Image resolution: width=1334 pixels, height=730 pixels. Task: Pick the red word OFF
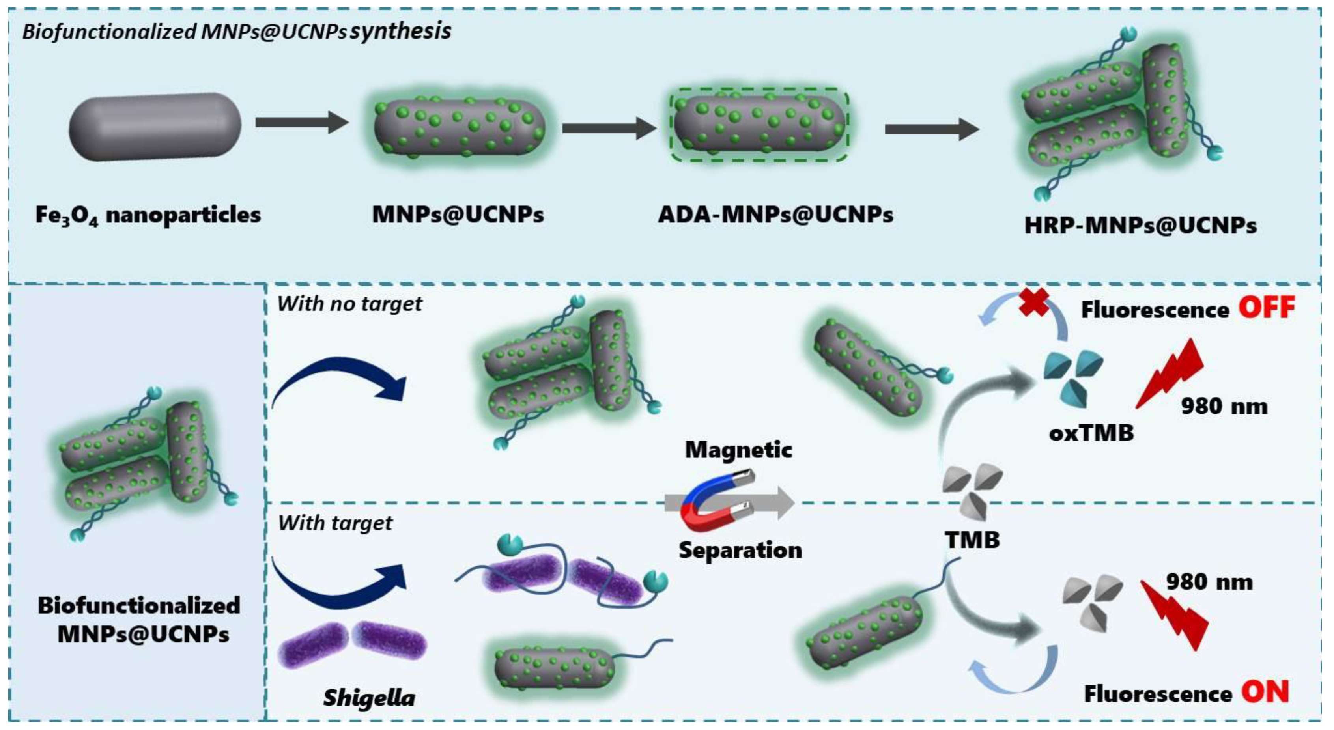[x=1266, y=308]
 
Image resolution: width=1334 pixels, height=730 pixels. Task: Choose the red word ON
[x=1265, y=692]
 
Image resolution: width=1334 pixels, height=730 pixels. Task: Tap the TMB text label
[x=972, y=540]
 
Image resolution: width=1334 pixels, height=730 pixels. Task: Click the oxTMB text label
[x=1091, y=432]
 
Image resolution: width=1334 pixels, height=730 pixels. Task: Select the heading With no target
[x=349, y=304]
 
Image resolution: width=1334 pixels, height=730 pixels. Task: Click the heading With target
[x=335, y=523]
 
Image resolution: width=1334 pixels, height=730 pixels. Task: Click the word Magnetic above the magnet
[x=738, y=449]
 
